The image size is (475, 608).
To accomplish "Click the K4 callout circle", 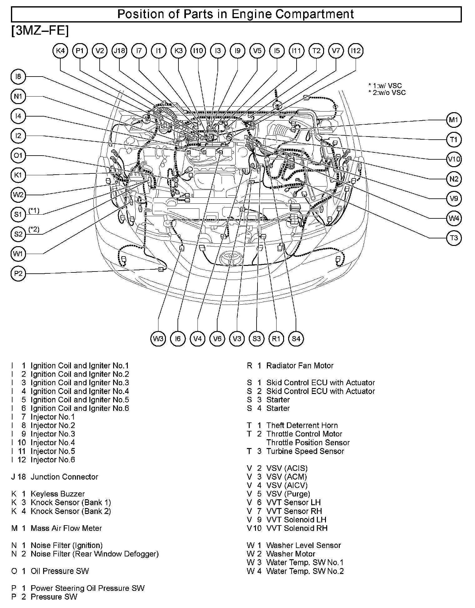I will tap(60, 51).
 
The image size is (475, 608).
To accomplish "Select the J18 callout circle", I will tap(119, 51).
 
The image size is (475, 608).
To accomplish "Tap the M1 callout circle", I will tap(454, 120).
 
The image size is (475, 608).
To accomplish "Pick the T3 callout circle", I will tap(454, 238).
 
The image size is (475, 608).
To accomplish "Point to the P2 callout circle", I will tap(18, 274).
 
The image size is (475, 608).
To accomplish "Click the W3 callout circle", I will tap(158, 339).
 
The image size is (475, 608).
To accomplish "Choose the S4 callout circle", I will tap(296, 339).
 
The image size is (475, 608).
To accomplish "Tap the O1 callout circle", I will tap(18, 156).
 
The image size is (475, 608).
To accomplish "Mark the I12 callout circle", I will tap(356, 51).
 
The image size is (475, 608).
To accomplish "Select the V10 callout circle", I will tap(454, 159).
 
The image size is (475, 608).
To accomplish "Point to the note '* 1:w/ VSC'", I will tap(385, 86).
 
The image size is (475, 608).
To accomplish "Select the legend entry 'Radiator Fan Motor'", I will tap(299, 366).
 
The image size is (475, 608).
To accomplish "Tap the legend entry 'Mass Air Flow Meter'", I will tap(66, 528).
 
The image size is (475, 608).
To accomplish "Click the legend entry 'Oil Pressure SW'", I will tap(59, 571).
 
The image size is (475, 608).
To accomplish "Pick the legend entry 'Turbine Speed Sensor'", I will tap(305, 451).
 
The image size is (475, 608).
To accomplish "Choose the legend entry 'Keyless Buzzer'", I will tap(57, 494).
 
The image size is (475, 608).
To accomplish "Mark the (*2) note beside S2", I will tap(34, 229).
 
